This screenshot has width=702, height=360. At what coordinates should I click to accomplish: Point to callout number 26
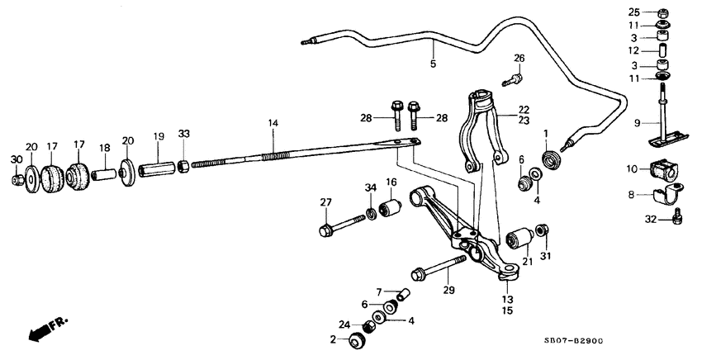[x=519, y=58]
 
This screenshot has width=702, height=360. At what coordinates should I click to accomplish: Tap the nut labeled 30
[x=17, y=180]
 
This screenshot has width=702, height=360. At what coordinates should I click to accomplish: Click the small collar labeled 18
[x=104, y=176]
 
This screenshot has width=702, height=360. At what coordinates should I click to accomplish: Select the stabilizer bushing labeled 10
[x=663, y=169]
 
